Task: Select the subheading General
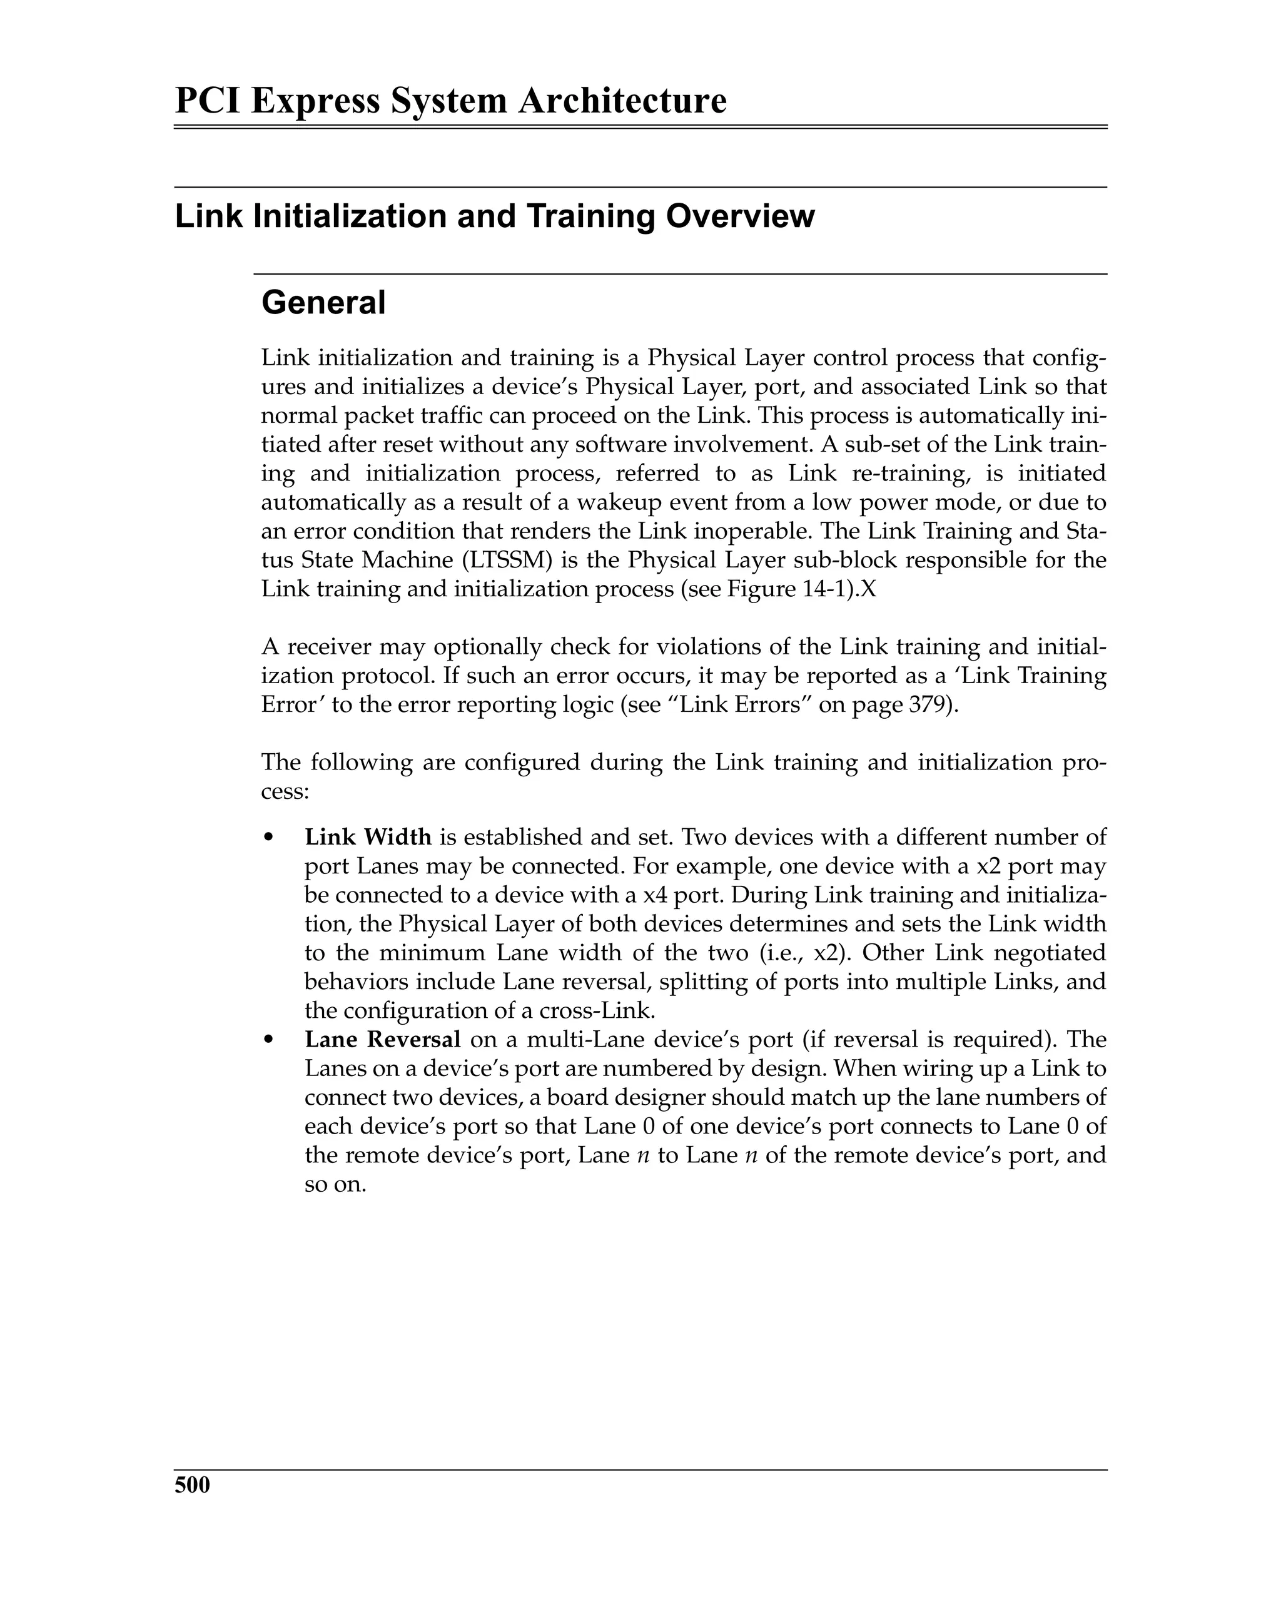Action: click(323, 303)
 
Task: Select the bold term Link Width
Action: click(368, 837)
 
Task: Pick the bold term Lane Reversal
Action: click(382, 1039)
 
